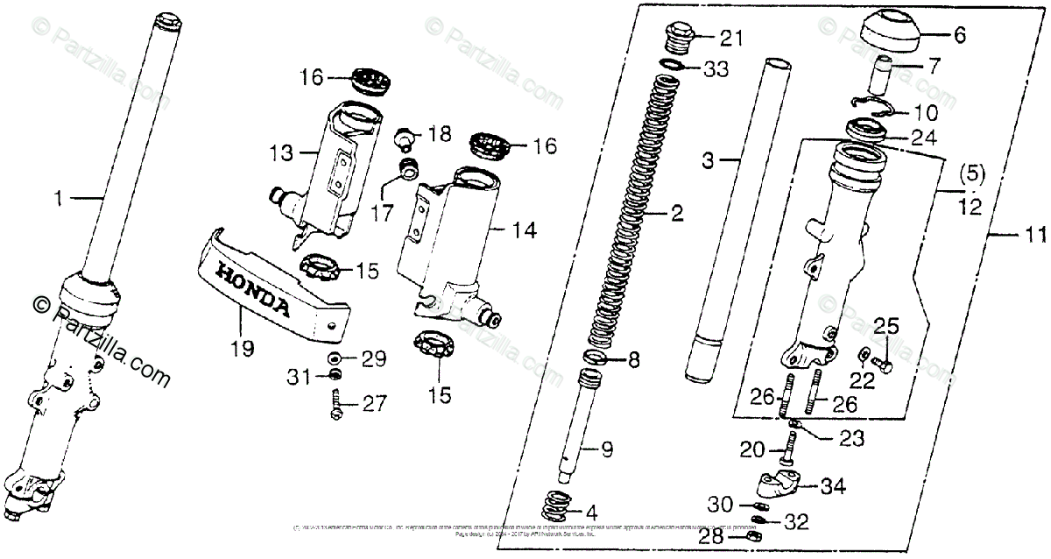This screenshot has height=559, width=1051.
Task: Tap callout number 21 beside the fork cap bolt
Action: click(730, 38)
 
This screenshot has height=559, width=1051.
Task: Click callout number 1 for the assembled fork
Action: click(59, 200)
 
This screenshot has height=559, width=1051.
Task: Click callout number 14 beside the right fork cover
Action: click(524, 230)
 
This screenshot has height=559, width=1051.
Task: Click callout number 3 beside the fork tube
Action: click(709, 162)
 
